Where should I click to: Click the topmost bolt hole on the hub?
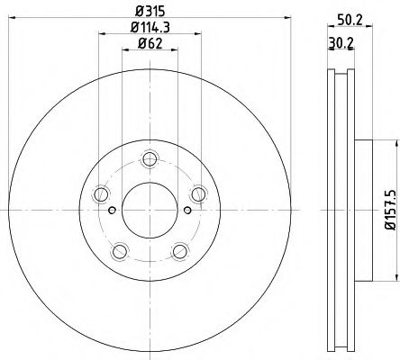tap(149, 162)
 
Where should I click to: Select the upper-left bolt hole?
tap(101, 196)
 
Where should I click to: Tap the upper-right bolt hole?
tap(195, 196)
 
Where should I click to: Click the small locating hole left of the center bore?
tap(112, 211)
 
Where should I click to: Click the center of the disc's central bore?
tap(149, 211)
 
